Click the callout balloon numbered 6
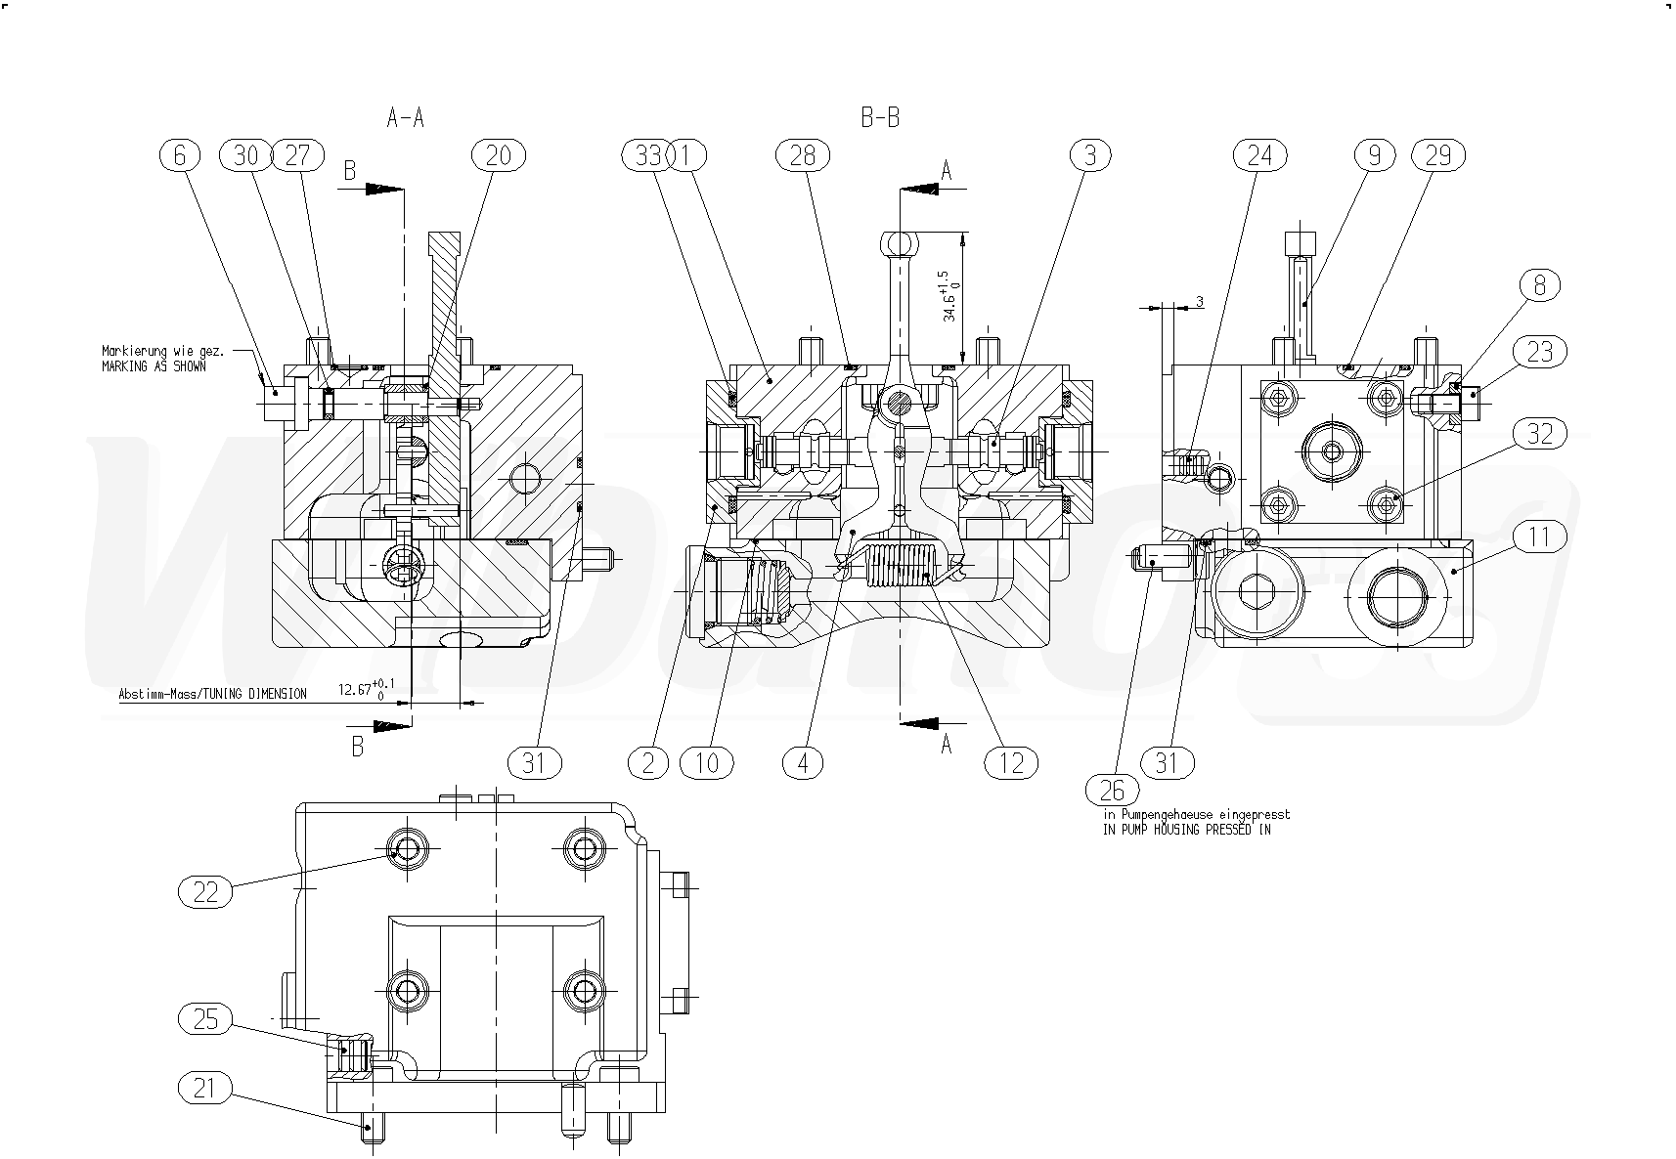pyautogui.click(x=180, y=154)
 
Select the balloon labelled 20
pyautogui.click(x=499, y=154)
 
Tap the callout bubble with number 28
pyautogui.click(x=803, y=154)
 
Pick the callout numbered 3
pyautogui.click(x=1090, y=154)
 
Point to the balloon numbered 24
pyautogui.click(x=1260, y=154)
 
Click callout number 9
pyautogui.click(x=1375, y=154)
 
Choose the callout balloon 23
pyautogui.click(x=1540, y=351)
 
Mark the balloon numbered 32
pyautogui.click(x=1540, y=433)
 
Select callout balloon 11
pyautogui.click(x=1540, y=536)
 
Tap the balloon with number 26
pyautogui.click(x=1113, y=790)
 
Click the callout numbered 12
pyautogui.click(x=1011, y=762)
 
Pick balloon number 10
pyautogui.click(x=707, y=762)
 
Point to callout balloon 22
pyautogui.click(x=206, y=891)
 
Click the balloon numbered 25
pyautogui.click(x=206, y=1020)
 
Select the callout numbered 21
pyautogui.click(x=206, y=1088)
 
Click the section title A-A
pyautogui.click(x=406, y=118)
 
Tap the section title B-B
pyautogui.click(x=880, y=118)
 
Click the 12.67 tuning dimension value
pyautogui.click(x=358, y=690)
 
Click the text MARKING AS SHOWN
pyautogui.click(x=154, y=366)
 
